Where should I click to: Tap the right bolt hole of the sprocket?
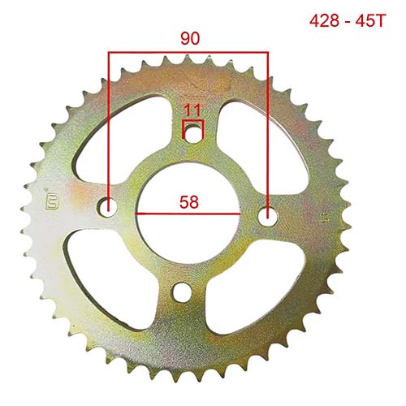pos(267,215)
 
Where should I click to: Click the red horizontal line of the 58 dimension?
pos(188,213)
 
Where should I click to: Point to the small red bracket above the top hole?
pos(192,123)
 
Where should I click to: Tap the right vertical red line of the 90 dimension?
pos(267,122)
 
